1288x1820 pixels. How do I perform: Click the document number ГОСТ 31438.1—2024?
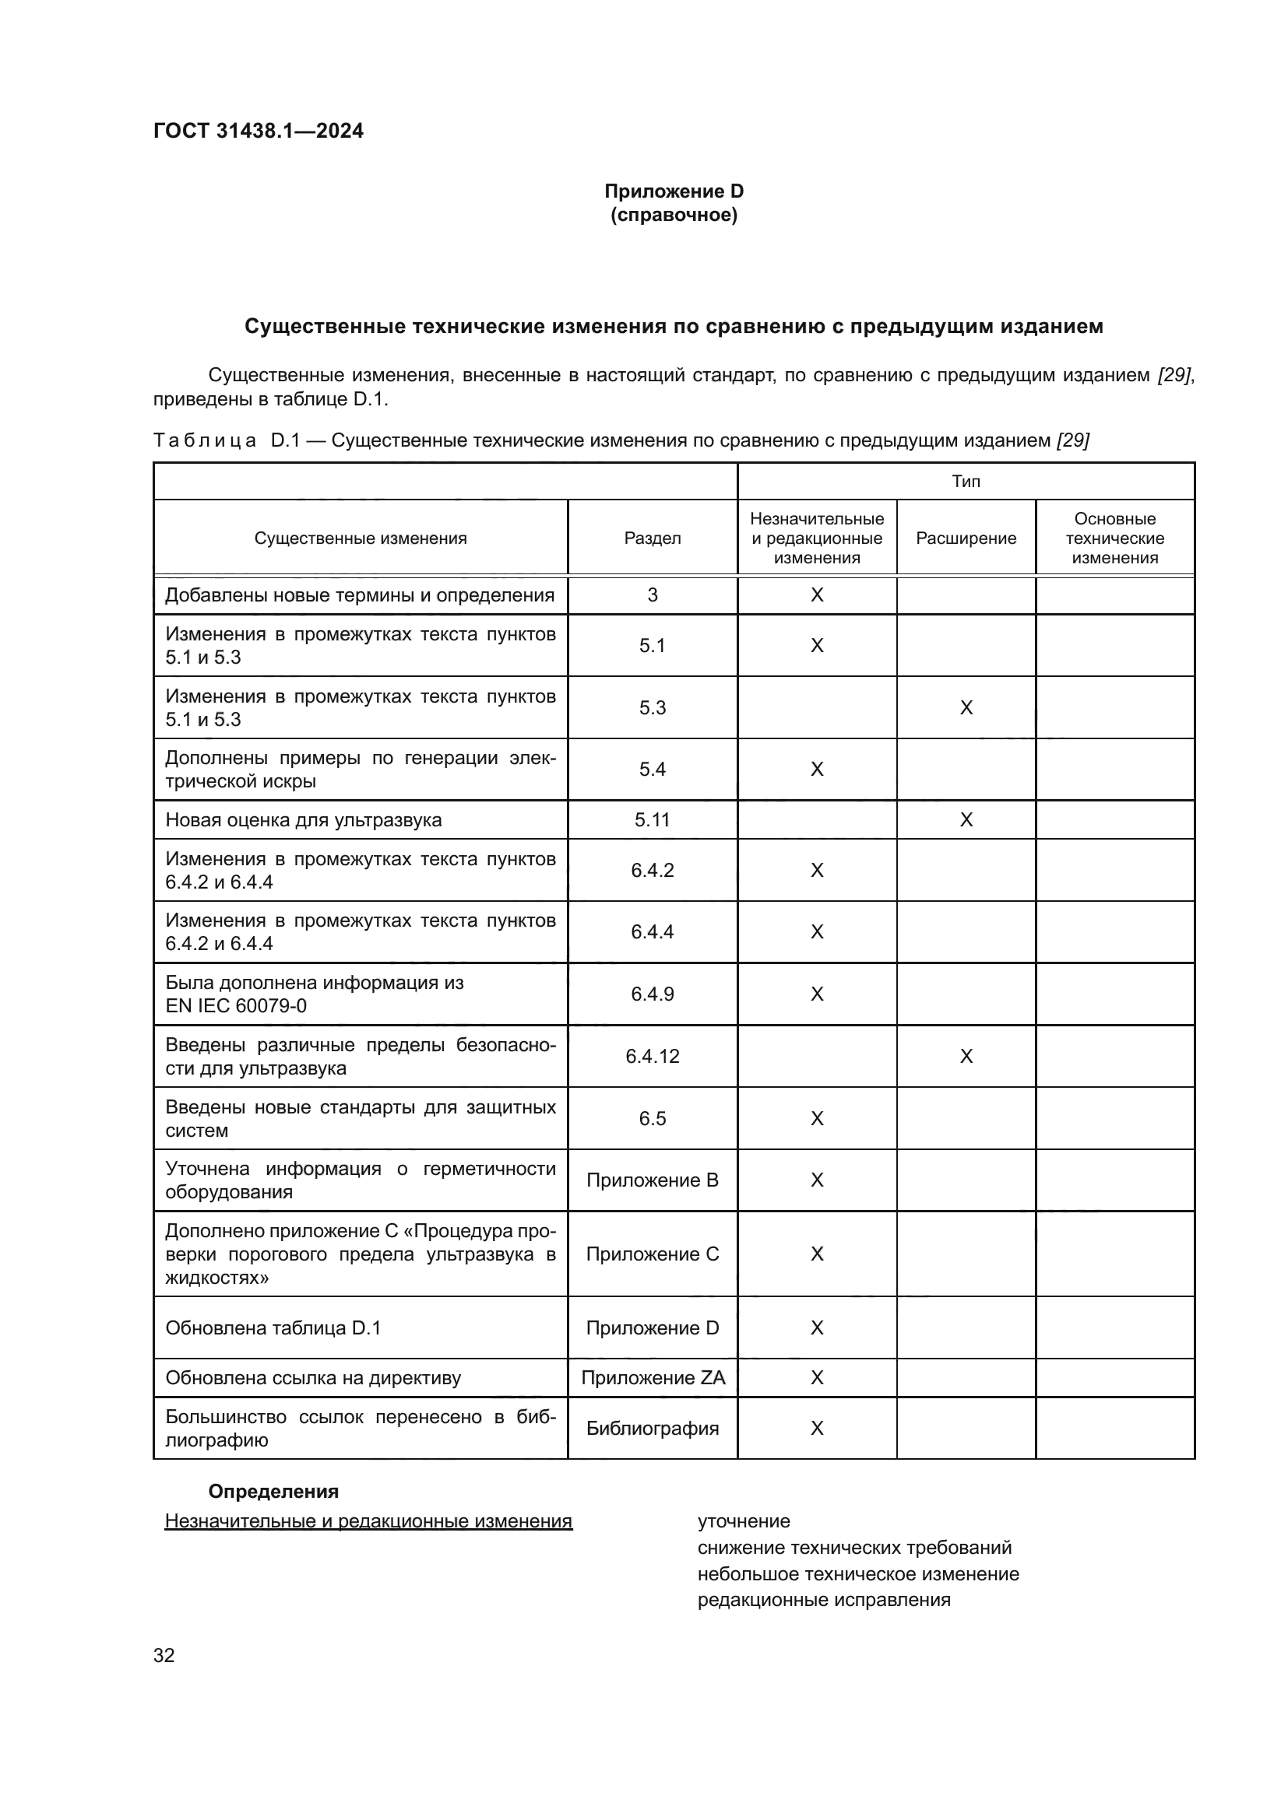258,131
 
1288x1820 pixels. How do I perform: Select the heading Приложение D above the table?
674,191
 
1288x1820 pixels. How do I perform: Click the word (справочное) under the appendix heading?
674,215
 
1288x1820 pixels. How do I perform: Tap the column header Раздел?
652,538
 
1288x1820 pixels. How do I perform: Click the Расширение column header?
965,538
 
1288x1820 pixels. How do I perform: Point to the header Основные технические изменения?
1114,538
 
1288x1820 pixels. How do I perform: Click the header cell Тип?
965,481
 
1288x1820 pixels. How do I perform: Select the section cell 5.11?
652,819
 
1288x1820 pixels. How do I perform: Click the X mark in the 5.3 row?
965,708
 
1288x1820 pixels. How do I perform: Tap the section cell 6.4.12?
652,1056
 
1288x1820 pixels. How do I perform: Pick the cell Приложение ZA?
652,1378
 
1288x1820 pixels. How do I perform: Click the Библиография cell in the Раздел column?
652,1428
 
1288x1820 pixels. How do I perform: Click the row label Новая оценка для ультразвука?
303,819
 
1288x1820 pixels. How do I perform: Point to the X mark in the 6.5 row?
816,1118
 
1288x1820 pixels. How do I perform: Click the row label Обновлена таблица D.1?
273,1327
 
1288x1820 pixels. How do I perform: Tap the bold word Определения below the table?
273,1491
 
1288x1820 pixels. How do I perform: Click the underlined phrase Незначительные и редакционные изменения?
368,1521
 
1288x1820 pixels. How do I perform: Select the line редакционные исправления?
823,1600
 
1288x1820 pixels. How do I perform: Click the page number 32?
164,1655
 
